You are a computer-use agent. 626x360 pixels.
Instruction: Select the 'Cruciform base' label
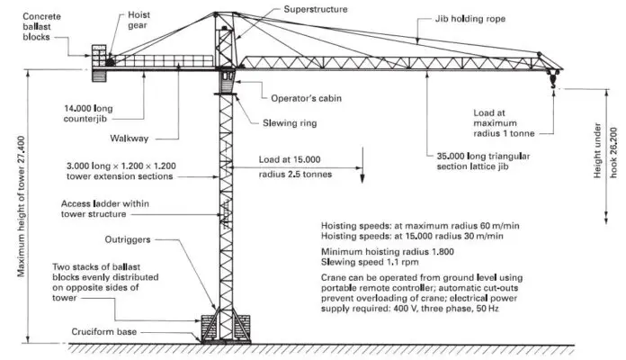[x=106, y=331]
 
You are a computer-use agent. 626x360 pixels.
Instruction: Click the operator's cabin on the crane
[x=227, y=82]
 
